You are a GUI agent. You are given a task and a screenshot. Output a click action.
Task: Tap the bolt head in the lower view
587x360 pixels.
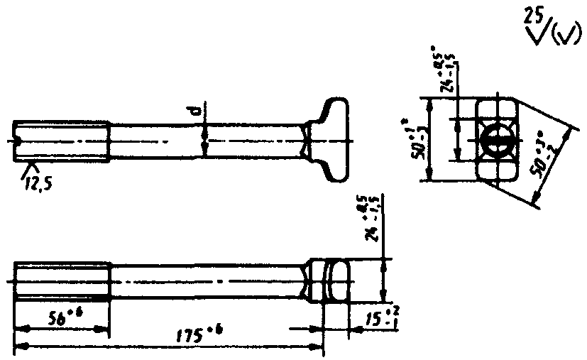click(x=331, y=281)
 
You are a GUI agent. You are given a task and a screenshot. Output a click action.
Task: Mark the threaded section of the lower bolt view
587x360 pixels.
click(x=62, y=281)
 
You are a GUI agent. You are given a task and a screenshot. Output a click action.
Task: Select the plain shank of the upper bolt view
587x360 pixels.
click(x=206, y=141)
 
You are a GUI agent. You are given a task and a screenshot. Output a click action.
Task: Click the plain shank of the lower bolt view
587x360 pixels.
click(x=206, y=281)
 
